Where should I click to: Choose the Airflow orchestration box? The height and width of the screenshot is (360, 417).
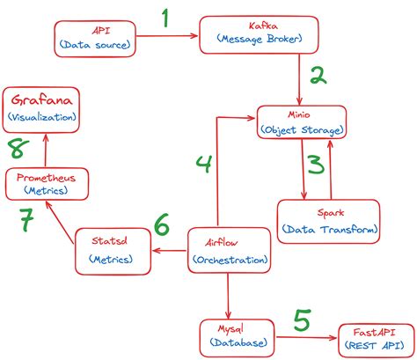click(227, 250)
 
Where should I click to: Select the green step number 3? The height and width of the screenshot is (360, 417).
click(315, 165)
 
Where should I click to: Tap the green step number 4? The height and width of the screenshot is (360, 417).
click(203, 164)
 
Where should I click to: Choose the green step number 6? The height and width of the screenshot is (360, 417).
click(161, 225)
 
